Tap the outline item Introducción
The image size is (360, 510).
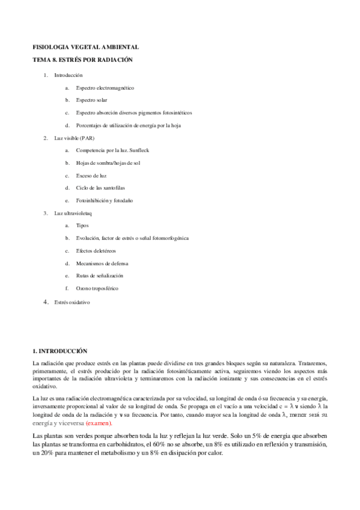(x=68, y=75)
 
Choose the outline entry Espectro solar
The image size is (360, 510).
(x=91, y=100)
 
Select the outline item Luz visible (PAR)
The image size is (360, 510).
(x=75, y=138)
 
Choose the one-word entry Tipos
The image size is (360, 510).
(x=82, y=226)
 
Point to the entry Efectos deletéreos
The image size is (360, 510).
(x=96, y=250)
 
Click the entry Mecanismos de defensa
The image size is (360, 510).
(x=102, y=263)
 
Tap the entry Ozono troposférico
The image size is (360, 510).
(x=97, y=288)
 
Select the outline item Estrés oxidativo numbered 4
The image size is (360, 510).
(x=72, y=302)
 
